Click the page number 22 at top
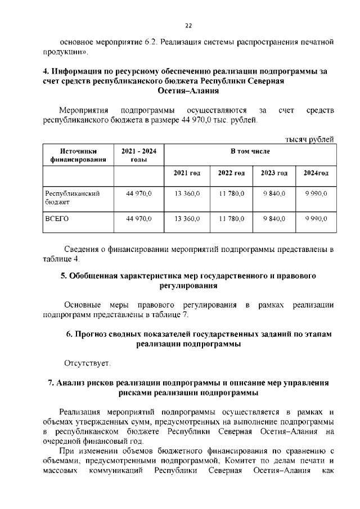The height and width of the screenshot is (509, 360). click(x=188, y=25)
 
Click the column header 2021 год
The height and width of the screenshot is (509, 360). click(x=187, y=172)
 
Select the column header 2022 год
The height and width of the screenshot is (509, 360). click(x=231, y=172)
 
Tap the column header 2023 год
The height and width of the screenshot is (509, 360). click(x=274, y=172)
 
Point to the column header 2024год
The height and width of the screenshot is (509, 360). click(x=316, y=172)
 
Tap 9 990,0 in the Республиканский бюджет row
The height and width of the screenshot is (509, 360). click(x=316, y=193)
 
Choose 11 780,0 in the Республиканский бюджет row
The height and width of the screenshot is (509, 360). click(x=231, y=193)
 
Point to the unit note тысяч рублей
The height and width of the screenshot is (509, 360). click(x=309, y=139)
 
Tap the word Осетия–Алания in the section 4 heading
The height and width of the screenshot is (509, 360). click(x=188, y=91)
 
